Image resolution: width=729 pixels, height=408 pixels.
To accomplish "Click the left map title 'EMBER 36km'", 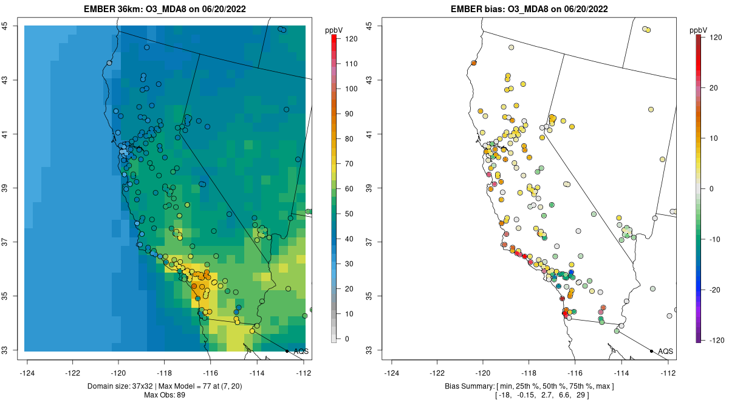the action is [x=104, y=9].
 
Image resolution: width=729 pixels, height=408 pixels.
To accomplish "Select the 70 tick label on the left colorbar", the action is [x=349, y=164].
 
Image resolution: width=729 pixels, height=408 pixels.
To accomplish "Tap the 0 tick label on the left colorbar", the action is [x=347, y=339].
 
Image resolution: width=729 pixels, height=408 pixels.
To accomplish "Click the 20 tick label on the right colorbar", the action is [x=713, y=88].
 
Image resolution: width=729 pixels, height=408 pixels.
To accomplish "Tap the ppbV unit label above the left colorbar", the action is [x=334, y=30].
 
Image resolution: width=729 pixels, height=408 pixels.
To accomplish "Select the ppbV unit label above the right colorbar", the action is [x=698, y=30].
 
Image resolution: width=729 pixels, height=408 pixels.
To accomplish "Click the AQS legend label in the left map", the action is [x=301, y=352].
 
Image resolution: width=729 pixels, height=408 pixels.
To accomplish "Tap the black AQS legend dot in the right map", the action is [x=651, y=351].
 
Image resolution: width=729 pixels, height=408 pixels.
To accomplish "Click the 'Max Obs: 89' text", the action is [x=165, y=395].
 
